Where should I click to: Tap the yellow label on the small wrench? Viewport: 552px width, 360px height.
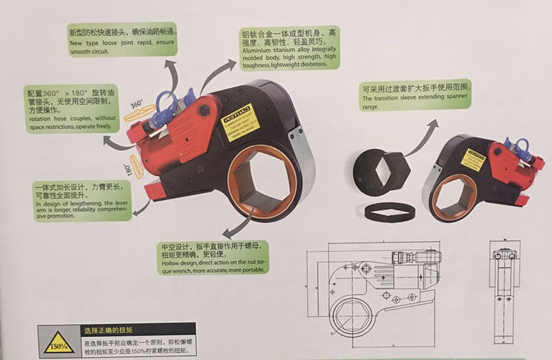[473, 159]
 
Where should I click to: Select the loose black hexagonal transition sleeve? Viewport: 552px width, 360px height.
[381, 174]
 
